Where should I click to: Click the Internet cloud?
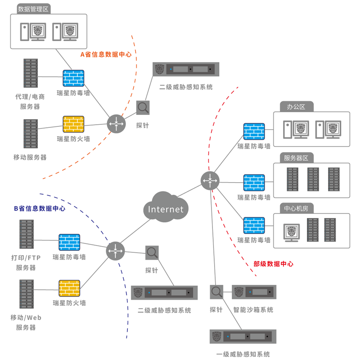166,208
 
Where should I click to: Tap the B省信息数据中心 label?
40,208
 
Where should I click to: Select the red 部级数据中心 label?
273,264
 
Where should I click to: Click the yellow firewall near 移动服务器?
73,124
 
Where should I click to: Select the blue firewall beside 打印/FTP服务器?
69,242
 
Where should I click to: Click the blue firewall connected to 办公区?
254,131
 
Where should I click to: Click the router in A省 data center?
116,123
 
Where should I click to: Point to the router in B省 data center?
115,251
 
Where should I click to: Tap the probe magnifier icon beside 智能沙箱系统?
216,292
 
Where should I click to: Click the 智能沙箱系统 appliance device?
254,292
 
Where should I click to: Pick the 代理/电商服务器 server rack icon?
31,73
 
